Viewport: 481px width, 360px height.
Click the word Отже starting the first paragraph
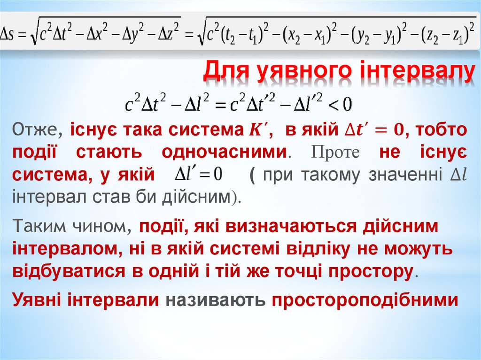pos(37,130)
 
